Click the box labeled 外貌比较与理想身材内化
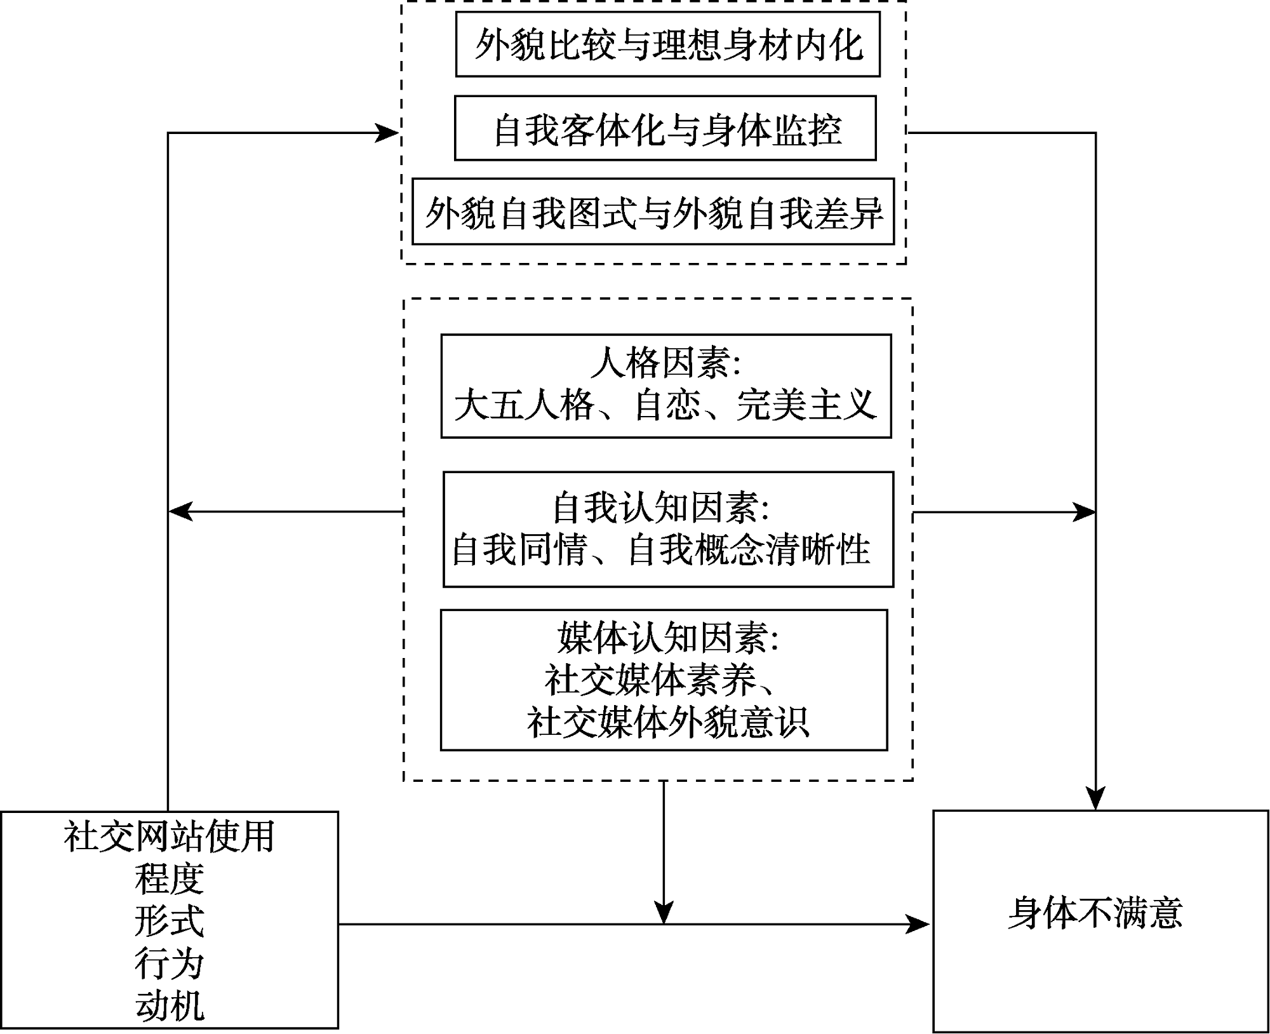(x=667, y=44)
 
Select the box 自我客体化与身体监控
(x=665, y=128)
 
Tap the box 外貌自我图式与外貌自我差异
(x=653, y=212)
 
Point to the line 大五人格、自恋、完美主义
(x=665, y=405)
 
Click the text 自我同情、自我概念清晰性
(x=660, y=549)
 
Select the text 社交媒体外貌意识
(x=667, y=722)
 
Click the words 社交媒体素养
(x=650, y=680)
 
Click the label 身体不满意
(x=1095, y=913)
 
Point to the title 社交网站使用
(x=169, y=836)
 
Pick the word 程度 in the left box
(x=169, y=879)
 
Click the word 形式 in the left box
(x=169, y=922)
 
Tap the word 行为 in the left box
(x=169, y=964)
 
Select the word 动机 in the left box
(x=169, y=1007)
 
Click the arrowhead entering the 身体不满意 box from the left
(x=918, y=924)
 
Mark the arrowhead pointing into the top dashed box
(x=387, y=133)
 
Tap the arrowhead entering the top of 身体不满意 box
(x=1095, y=798)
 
